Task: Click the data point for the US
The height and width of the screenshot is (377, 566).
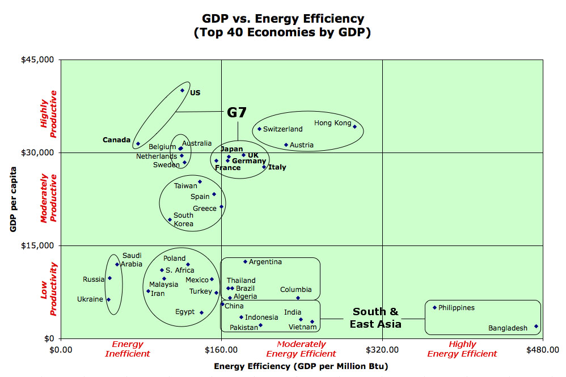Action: click(182, 90)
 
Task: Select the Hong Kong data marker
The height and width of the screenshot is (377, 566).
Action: click(355, 126)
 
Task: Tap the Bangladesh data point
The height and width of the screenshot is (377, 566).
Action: click(537, 326)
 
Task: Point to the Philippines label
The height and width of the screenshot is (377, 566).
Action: click(457, 308)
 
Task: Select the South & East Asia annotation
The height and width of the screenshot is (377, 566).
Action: click(375, 318)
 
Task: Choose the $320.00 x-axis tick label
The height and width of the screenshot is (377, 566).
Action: click(382, 349)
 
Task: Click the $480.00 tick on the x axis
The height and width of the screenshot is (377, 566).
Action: click(543, 349)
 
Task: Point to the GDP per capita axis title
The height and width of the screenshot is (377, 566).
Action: click(12, 199)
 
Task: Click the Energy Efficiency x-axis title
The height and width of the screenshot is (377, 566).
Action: click(301, 366)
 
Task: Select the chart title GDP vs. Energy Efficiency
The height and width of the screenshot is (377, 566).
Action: click(283, 26)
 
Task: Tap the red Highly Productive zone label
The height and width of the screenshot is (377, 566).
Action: click(49, 115)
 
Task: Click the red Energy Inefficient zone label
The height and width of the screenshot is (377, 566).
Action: click(128, 349)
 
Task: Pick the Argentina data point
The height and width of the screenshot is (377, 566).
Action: click(245, 262)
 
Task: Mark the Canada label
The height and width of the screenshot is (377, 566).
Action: click(117, 140)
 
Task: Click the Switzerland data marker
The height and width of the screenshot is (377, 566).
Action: click(260, 129)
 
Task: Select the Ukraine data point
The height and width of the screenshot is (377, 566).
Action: click(108, 299)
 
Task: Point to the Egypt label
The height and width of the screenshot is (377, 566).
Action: click(185, 312)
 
